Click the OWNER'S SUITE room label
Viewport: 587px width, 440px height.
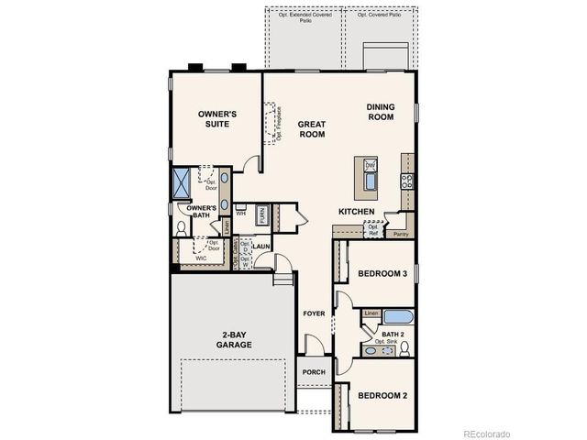pyautogui.click(x=218, y=119)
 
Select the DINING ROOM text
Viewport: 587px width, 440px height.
pyautogui.click(x=381, y=111)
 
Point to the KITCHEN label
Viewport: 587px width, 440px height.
pyautogui.click(x=357, y=212)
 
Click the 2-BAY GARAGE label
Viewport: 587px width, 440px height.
pyautogui.click(x=234, y=339)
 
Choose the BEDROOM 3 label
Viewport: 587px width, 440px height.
pyautogui.click(x=382, y=274)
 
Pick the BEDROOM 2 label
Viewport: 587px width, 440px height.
pyautogui.click(x=382, y=395)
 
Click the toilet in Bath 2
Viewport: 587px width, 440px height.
pyautogui.click(x=404, y=347)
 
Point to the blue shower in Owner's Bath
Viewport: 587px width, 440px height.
pyautogui.click(x=182, y=183)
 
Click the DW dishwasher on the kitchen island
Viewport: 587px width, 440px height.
pyautogui.click(x=371, y=165)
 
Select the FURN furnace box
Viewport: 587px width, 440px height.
pyautogui.click(x=261, y=216)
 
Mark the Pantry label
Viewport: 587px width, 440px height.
pyautogui.click(x=401, y=234)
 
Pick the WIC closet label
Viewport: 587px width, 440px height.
pyautogui.click(x=201, y=258)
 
